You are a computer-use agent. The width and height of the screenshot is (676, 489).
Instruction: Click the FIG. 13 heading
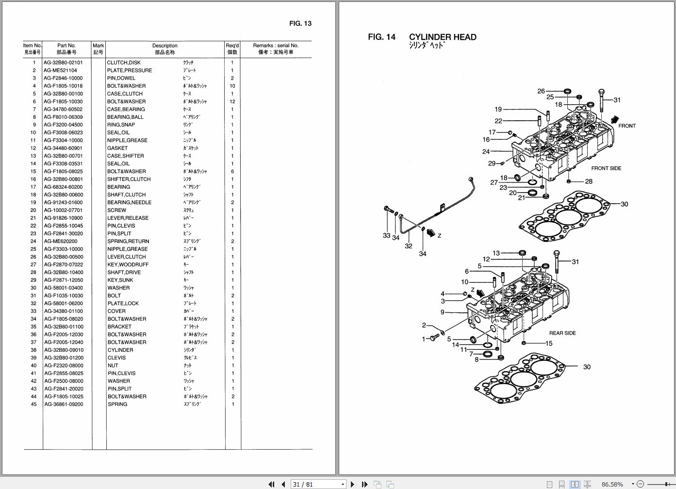[x=300, y=23]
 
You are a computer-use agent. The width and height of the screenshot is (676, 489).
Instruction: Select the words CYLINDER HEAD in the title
[x=442, y=37]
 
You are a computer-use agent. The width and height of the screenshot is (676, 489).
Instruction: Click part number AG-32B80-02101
[x=63, y=63]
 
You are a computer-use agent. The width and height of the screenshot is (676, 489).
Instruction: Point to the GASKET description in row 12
[x=117, y=148]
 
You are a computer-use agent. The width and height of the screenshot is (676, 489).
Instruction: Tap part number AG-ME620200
[x=60, y=241]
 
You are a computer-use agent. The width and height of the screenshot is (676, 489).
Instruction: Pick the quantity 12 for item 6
[x=232, y=101]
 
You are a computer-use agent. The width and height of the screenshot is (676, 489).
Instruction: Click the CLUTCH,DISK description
[x=124, y=63]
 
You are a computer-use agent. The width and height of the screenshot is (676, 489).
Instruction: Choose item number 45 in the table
[x=33, y=404]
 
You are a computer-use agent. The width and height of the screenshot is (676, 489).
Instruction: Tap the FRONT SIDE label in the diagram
[x=606, y=168]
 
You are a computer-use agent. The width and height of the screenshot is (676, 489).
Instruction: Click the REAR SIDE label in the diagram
[x=562, y=333]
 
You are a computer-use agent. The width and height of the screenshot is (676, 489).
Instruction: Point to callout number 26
[x=541, y=91]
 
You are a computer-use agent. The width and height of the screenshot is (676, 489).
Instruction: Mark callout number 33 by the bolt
[x=386, y=235]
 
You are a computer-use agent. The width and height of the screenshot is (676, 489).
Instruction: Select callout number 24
[x=486, y=152]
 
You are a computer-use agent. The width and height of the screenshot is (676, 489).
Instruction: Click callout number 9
[x=442, y=312]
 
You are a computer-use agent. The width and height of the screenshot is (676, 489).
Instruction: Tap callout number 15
[x=549, y=343]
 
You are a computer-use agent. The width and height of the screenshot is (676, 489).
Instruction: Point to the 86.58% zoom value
[x=612, y=484]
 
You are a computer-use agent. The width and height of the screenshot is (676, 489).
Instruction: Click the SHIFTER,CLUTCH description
[x=129, y=179]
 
